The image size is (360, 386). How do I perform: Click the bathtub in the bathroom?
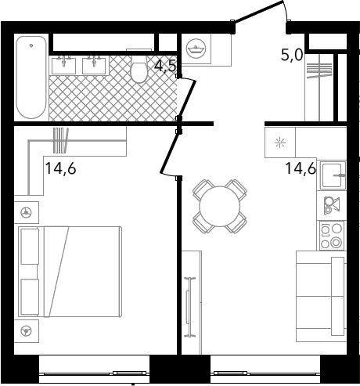31,78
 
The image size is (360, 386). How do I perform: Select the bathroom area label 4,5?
165,67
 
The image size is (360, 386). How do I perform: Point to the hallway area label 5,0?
291,55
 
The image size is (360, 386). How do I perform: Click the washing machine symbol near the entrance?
196,49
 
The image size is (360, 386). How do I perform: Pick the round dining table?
220,206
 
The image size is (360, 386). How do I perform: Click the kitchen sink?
332,175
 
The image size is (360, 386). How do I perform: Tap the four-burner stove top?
332,236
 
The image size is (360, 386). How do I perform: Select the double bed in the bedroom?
70,272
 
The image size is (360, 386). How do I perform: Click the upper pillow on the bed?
30,247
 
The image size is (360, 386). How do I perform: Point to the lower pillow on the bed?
30,297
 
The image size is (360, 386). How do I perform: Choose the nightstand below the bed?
27,331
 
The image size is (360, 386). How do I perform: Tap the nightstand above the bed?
27,212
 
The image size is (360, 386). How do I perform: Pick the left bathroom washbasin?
63,65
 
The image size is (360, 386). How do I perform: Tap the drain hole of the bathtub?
31,45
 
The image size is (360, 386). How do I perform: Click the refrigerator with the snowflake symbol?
280,142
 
